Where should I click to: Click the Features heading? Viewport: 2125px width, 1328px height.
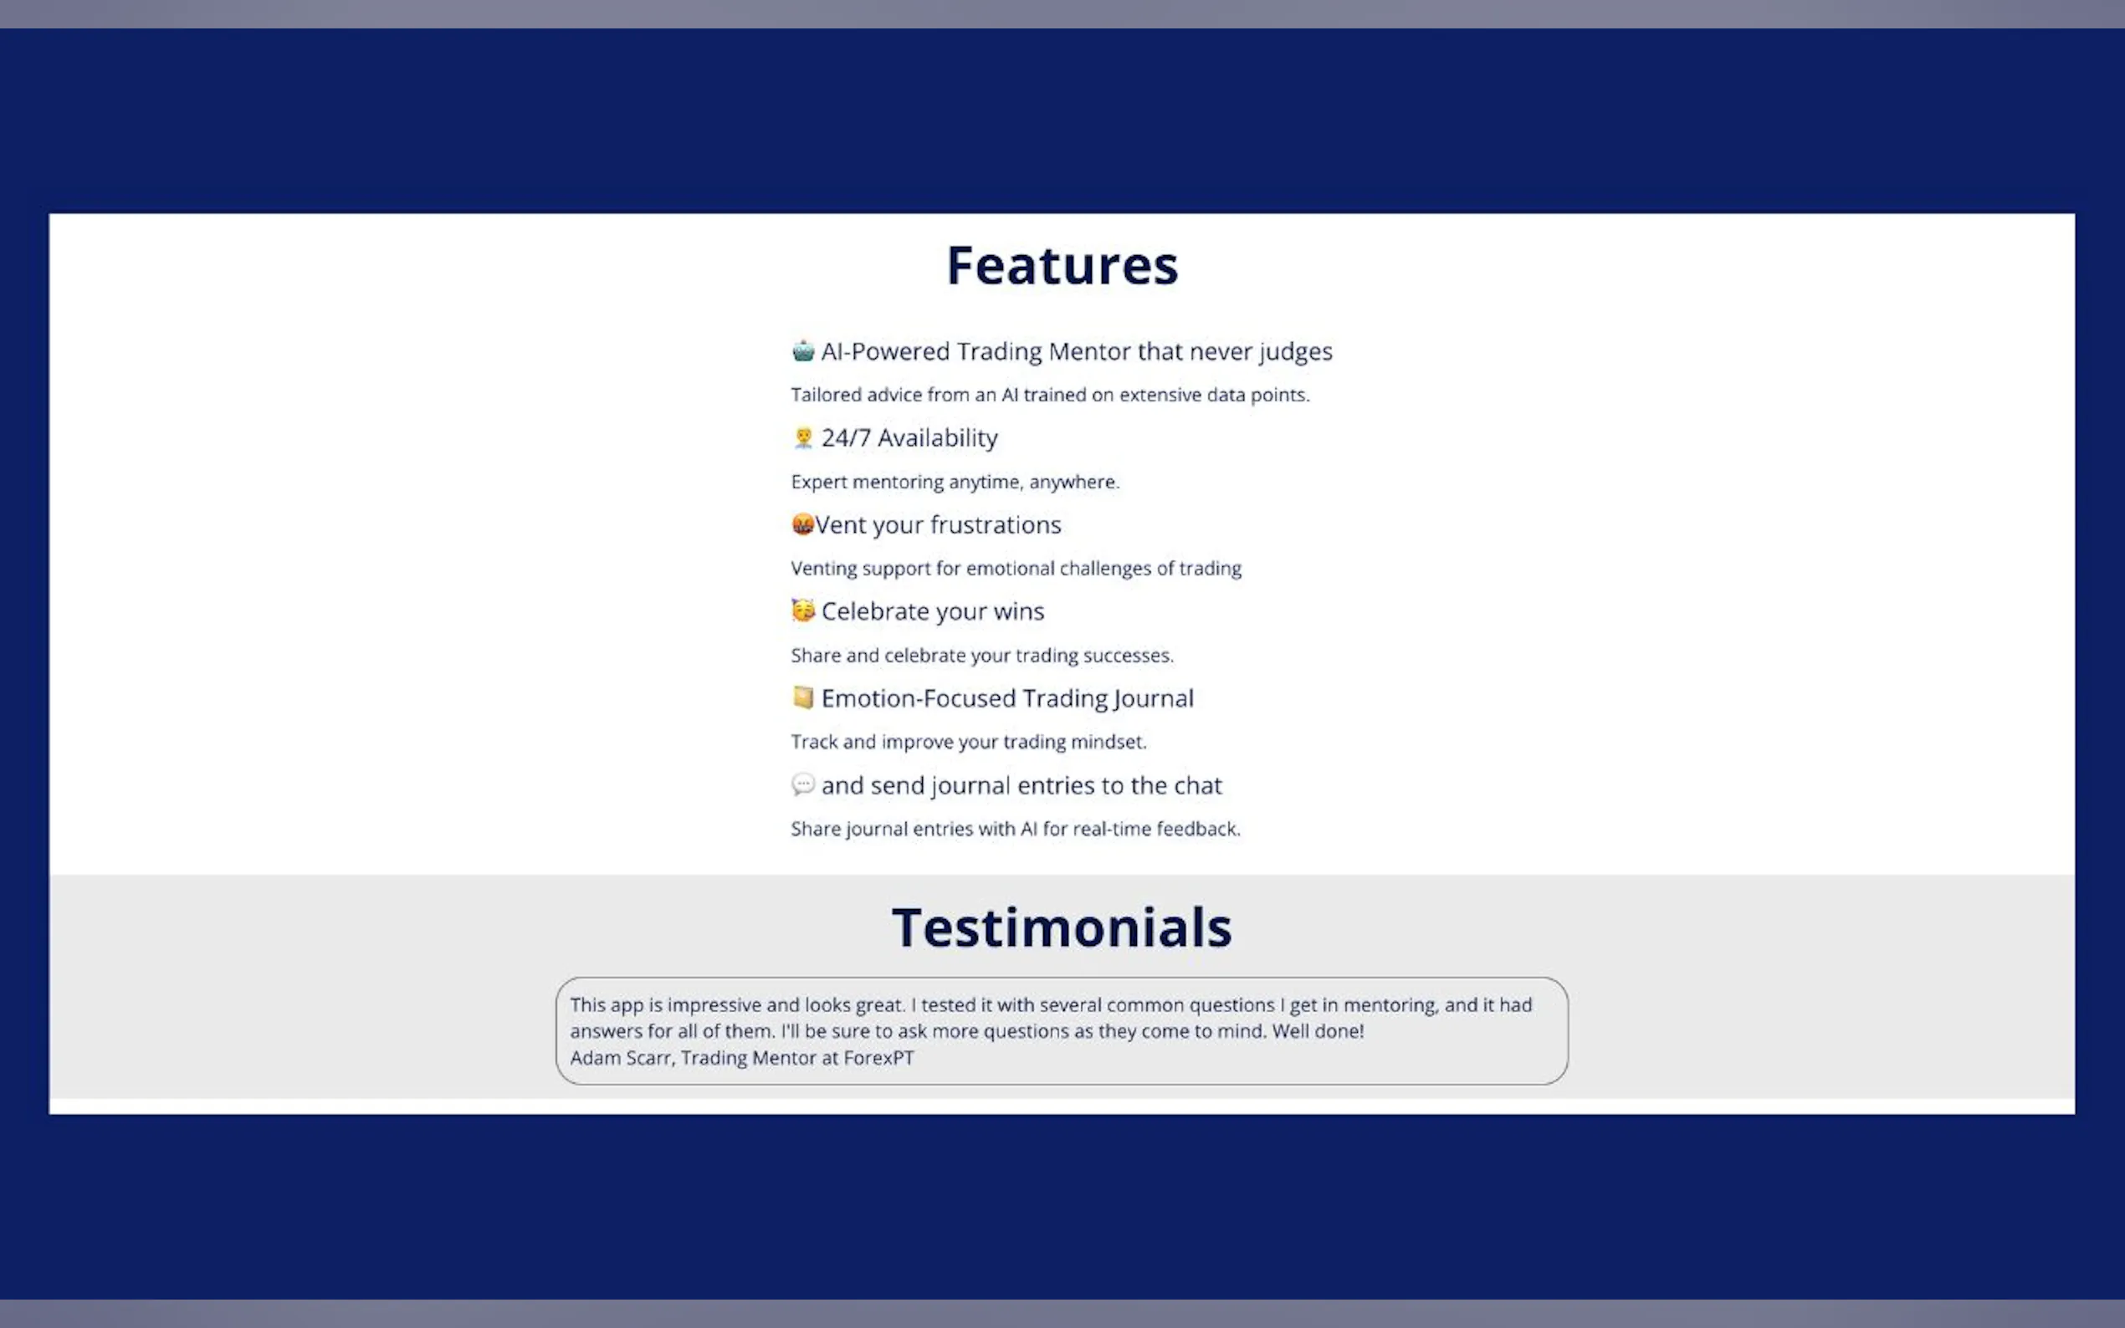[x=1062, y=265]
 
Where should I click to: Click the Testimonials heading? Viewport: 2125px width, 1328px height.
[x=1062, y=927]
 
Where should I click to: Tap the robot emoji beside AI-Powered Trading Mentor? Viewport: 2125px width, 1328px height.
[x=803, y=350]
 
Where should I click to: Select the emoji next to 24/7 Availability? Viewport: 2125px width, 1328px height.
[x=803, y=437]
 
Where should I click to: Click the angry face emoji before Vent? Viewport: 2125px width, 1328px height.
[x=802, y=524]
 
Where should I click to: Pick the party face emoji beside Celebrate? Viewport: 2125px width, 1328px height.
[x=803, y=610]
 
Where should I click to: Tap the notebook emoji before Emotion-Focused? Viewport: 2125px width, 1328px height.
[x=803, y=697]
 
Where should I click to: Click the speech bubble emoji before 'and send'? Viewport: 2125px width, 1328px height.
[x=803, y=784]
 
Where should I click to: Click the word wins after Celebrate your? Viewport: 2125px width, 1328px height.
[x=1019, y=611]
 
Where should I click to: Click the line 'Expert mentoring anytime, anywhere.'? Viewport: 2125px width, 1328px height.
[x=955, y=483]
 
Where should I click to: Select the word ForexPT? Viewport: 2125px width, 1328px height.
[x=878, y=1058]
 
